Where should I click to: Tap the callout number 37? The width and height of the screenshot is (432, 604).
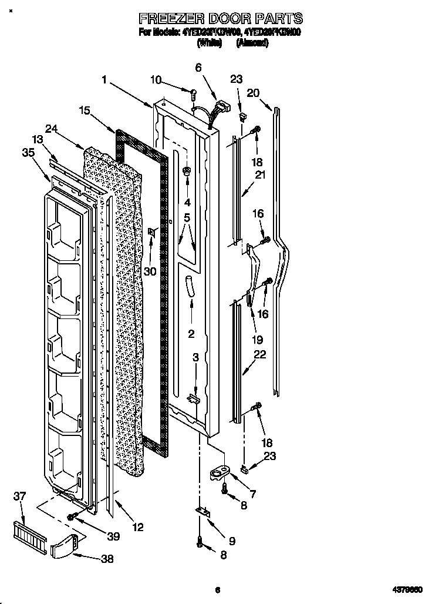coord(19,497)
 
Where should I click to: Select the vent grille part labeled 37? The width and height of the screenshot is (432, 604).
coord(30,535)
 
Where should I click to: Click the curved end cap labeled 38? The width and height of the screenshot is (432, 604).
coord(63,548)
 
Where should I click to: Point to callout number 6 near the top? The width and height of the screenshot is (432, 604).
coord(198,68)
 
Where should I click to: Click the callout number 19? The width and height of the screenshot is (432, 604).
coord(257,340)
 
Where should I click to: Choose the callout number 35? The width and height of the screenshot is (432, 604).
coord(28,154)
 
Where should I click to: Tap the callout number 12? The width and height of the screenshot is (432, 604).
coord(137,527)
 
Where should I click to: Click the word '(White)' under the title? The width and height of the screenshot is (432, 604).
coord(210,43)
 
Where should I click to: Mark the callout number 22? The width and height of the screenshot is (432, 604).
coord(259,354)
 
